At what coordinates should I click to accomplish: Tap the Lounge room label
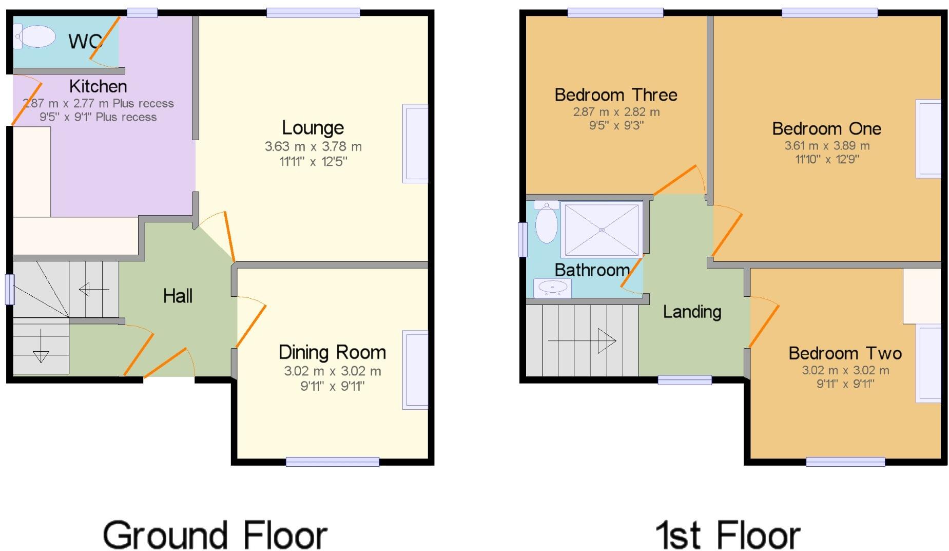point(313,127)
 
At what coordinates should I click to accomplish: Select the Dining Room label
point(332,352)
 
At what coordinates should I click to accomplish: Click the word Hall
point(178,296)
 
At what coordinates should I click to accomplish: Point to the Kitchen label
point(98,86)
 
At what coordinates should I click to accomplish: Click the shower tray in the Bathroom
point(602,229)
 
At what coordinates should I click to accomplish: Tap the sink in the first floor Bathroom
point(552,288)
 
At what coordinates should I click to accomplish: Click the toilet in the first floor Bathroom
point(546,222)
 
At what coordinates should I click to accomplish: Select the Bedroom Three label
point(616,95)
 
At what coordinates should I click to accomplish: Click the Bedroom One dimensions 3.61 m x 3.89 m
point(827,146)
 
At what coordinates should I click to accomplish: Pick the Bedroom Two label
point(845,353)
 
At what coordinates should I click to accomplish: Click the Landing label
point(692,312)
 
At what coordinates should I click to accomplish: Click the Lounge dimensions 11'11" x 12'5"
point(313,162)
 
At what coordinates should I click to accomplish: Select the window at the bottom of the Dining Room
point(332,462)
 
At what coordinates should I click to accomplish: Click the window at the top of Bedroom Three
point(615,13)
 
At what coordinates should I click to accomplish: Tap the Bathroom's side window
point(522,239)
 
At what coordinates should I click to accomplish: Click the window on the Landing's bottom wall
point(685,380)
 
